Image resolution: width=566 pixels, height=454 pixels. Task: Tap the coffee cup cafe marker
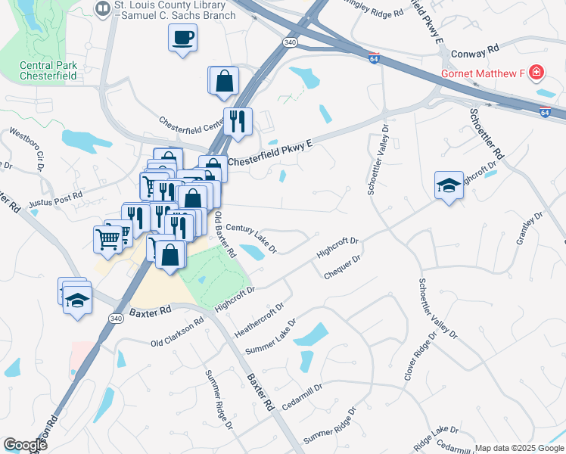(x=182, y=37)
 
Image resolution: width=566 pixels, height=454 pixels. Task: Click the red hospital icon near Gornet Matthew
(x=536, y=73)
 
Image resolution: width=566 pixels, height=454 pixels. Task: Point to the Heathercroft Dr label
(x=259, y=320)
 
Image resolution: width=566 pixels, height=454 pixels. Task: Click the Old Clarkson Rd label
(x=177, y=331)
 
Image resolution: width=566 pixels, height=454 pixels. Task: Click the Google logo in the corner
(x=25, y=445)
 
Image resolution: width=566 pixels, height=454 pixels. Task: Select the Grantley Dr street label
(x=530, y=228)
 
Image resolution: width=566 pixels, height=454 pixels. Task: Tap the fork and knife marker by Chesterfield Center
(x=238, y=121)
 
